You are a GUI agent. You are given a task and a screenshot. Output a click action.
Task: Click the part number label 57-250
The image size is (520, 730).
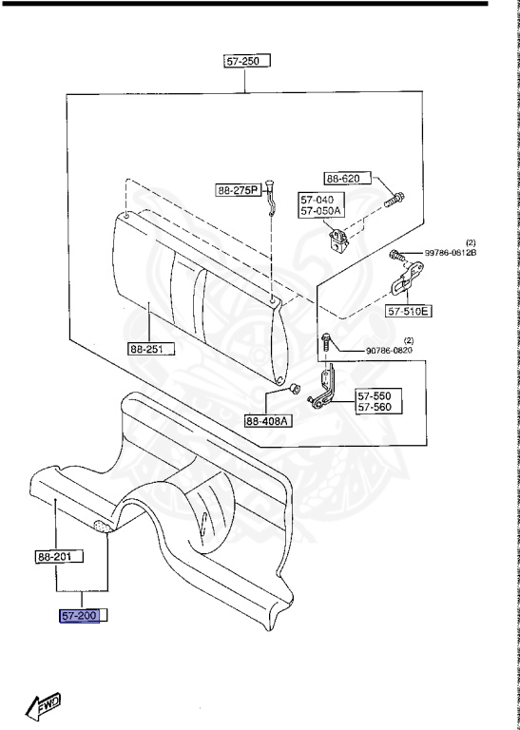coord(247,61)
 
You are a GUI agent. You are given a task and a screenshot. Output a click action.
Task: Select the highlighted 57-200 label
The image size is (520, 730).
coord(80,616)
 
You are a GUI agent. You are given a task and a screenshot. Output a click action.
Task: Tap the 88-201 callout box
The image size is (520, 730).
coord(60,556)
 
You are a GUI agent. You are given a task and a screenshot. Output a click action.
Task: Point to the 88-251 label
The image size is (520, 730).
coord(151,349)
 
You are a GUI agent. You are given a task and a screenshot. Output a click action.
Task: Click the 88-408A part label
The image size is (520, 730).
coord(269,421)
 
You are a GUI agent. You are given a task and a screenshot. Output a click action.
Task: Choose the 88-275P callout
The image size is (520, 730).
coord(239,190)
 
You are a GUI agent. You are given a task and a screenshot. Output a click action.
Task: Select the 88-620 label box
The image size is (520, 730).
coord(348,179)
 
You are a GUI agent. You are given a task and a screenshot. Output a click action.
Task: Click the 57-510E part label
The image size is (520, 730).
coord(408,310)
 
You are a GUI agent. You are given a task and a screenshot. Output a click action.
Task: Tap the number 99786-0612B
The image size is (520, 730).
coord(451,253)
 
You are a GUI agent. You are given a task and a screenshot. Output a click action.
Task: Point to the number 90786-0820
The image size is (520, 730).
coord(389,350)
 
